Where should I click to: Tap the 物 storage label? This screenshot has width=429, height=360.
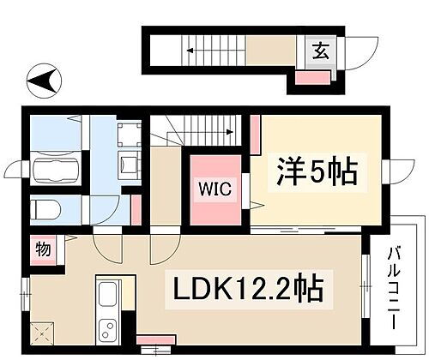[x=42, y=249]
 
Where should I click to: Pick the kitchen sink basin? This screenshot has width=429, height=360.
[x=107, y=297]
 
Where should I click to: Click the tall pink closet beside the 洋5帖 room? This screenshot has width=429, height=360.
[x=255, y=132]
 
